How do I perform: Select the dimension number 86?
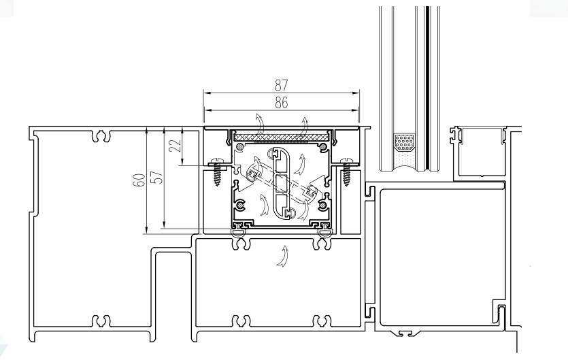[280, 103]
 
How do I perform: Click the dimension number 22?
[175, 146]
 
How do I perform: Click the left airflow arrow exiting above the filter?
[258, 125]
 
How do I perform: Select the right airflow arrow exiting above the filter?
[304, 125]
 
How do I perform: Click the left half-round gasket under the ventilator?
[239, 233]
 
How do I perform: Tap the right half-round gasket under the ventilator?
[322, 233]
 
